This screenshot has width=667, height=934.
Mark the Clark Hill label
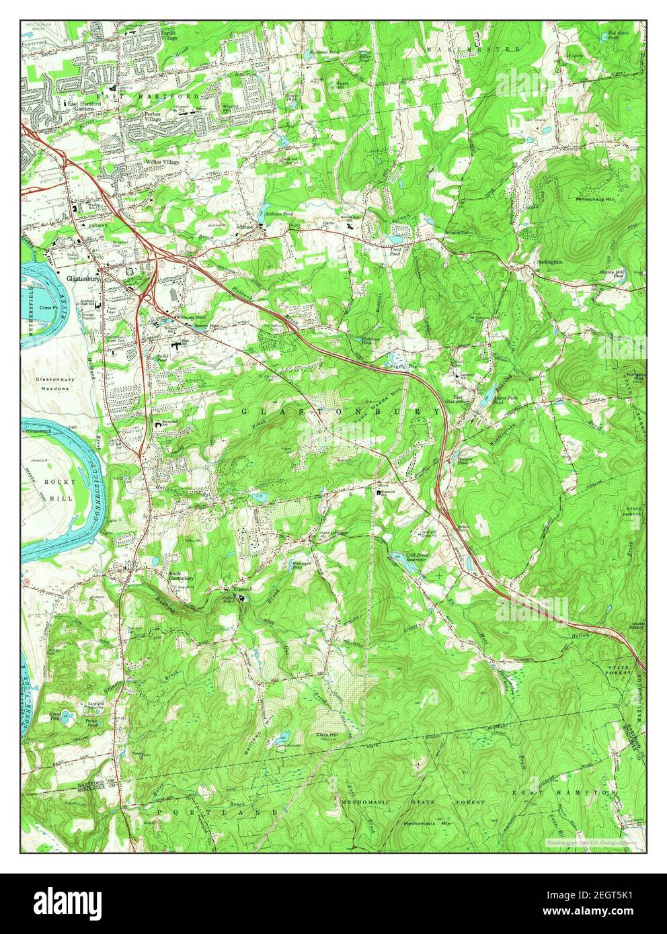point(328,735)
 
